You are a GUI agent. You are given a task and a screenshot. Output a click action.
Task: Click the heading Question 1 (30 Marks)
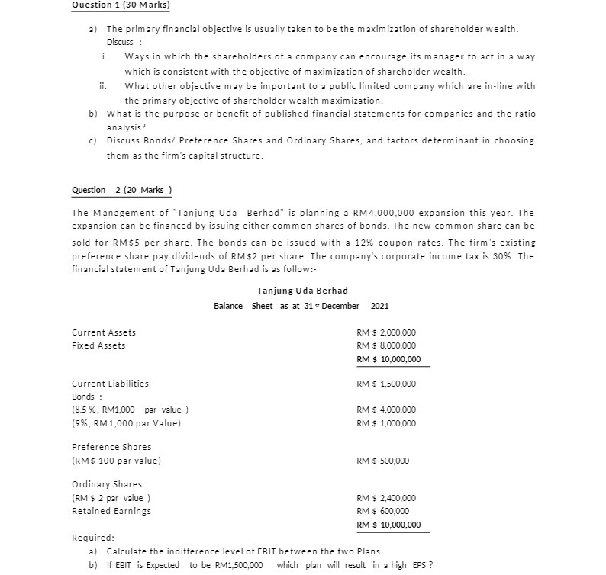(121, 5)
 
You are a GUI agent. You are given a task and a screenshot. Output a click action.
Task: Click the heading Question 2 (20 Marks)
(121, 190)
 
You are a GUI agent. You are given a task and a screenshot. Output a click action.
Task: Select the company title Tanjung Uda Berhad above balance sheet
(302, 291)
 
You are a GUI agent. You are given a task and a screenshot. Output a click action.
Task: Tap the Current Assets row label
(104, 332)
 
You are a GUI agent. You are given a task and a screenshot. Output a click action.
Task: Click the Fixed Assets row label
(98, 345)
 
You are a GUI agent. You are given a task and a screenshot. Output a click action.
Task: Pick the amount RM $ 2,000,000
(386, 332)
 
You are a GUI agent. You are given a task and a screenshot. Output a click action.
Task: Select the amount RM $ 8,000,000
(386, 345)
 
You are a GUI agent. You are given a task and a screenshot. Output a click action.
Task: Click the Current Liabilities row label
(110, 384)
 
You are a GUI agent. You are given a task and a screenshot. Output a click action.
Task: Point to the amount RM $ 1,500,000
(386, 384)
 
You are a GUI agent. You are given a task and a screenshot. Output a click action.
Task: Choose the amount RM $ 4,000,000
(386, 409)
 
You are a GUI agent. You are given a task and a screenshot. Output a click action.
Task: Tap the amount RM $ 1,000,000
(386, 422)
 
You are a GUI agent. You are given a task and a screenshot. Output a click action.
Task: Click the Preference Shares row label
(111, 447)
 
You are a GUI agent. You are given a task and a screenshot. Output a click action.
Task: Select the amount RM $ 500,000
(382, 461)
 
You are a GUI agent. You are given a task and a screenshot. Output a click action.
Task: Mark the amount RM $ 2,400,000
(386, 498)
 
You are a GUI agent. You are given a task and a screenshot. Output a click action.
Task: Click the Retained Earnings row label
(111, 511)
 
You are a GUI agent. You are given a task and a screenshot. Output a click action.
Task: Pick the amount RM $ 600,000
(382, 511)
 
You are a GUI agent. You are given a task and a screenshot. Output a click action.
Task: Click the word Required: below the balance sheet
(92, 538)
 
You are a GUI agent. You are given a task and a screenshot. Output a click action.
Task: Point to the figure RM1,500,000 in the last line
(237, 565)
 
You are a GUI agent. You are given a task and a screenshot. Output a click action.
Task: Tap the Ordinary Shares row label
(107, 484)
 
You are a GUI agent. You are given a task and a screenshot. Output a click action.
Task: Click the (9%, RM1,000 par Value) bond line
(126, 422)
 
